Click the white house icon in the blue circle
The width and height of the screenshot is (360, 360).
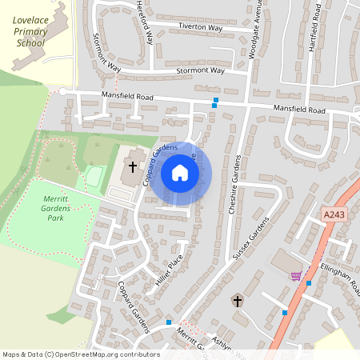point(180,173)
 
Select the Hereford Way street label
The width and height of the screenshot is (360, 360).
point(142,14)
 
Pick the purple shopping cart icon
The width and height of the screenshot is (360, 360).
point(297,276)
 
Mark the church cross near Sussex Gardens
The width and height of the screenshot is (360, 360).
point(237,301)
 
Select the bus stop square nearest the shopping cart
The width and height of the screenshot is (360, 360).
point(309,283)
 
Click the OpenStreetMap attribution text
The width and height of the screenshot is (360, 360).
point(81,354)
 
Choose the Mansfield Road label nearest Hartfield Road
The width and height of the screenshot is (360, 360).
point(299,109)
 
